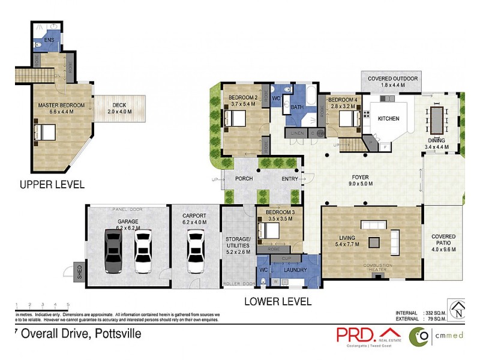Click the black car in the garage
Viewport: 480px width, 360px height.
click(113, 251)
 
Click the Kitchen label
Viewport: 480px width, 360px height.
click(388, 119)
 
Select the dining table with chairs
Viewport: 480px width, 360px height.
click(436, 121)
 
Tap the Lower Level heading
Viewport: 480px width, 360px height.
click(278, 301)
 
